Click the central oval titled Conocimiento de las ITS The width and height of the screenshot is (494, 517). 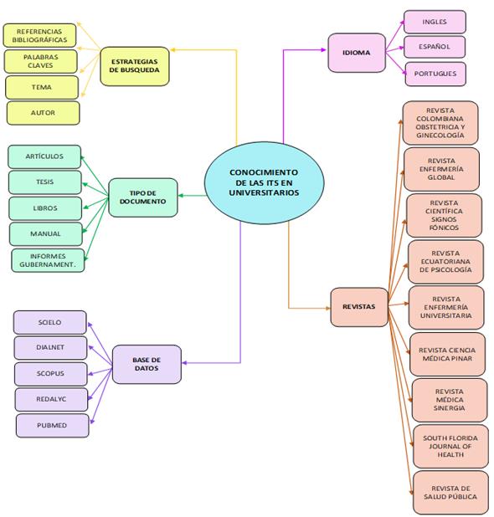(x=264, y=182)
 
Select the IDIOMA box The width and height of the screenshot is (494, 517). (x=357, y=53)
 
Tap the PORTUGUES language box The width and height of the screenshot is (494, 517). (x=435, y=74)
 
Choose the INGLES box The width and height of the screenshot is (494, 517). (x=435, y=22)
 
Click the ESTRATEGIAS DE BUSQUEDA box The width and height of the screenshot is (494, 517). (x=135, y=66)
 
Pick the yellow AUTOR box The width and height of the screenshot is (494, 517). (x=44, y=113)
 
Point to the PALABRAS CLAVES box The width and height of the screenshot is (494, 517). (x=40, y=61)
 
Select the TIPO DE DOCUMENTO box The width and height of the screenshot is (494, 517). (x=143, y=197)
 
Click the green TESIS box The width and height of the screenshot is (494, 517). (x=45, y=182)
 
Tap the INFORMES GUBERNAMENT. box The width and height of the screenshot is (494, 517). (x=48, y=260)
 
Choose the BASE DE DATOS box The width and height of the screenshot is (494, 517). (x=147, y=365)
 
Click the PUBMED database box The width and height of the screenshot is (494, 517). (x=52, y=426)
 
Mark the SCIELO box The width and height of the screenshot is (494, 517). (x=50, y=322)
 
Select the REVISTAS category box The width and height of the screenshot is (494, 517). (x=359, y=307)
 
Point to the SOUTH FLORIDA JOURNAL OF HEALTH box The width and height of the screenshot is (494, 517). (x=450, y=447)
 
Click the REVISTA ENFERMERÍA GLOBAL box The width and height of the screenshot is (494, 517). (x=441, y=169)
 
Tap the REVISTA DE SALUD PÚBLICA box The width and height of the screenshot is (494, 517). (x=450, y=493)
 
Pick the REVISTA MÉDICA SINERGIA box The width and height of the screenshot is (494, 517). (x=450, y=400)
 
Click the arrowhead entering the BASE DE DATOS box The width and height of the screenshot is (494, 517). (x=184, y=363)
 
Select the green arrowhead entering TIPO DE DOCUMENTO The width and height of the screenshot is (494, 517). (x=181, y=196)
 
